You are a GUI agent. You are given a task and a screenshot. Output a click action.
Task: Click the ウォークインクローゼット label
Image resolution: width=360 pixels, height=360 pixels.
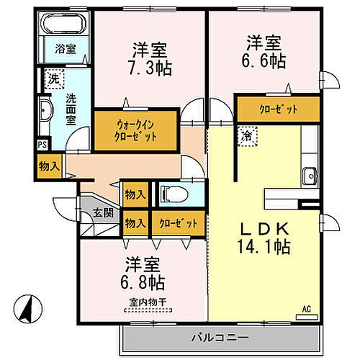click(137, 130)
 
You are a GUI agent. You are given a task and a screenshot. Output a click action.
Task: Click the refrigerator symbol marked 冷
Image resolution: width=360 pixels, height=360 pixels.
click(246, 135)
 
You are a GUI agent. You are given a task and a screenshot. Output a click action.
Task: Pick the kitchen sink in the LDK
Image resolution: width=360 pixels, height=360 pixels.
click(310, 174)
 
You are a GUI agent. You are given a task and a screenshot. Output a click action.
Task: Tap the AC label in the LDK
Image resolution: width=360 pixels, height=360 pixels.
click(306, 310)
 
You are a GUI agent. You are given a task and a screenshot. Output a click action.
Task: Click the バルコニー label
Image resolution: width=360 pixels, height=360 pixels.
click(220, 337)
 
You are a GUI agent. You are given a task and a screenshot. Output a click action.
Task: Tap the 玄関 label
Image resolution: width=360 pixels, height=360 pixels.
click(102, 213)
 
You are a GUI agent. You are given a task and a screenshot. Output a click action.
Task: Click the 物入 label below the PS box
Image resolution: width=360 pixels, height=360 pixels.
click(48, 166)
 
